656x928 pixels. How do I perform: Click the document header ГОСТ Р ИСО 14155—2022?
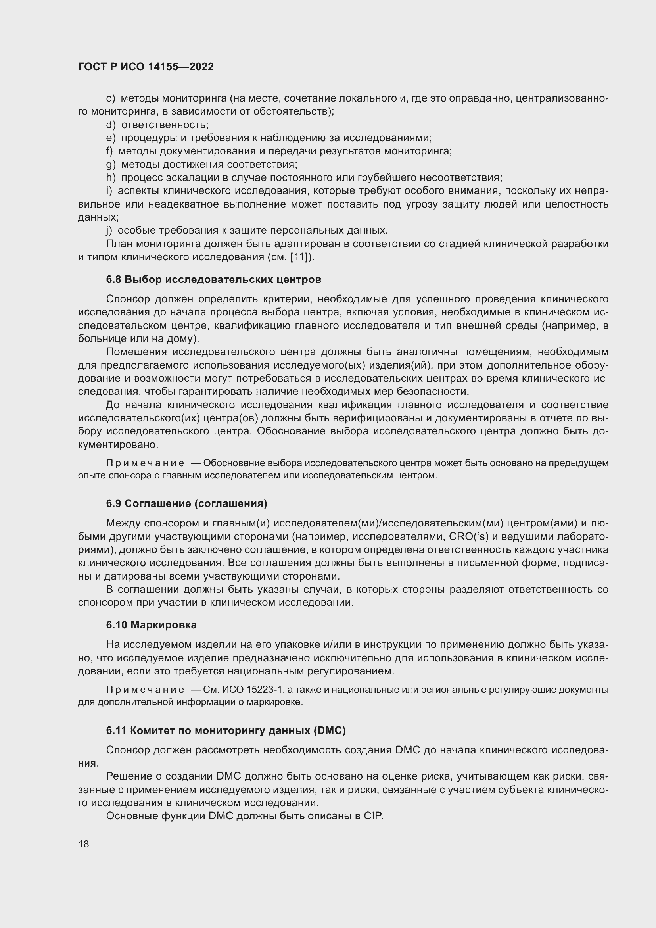[146, 67]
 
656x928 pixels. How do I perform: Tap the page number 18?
[84, 844]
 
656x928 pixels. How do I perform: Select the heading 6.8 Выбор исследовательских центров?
[214, 279]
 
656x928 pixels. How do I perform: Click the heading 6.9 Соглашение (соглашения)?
[187, 503]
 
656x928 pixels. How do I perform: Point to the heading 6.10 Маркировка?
[152, 625]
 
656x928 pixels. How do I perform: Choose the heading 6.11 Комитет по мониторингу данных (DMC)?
[226, 730]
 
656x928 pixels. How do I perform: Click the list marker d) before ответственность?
[111, 125]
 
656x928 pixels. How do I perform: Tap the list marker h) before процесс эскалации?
[111, 178]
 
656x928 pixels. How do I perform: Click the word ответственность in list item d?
[165, 125]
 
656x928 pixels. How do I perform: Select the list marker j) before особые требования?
[109, 231]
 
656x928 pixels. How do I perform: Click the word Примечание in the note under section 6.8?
[145, 463]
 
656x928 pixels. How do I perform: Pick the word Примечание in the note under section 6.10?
[145, 690]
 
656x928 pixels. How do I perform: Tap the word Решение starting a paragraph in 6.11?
[127, 776]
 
